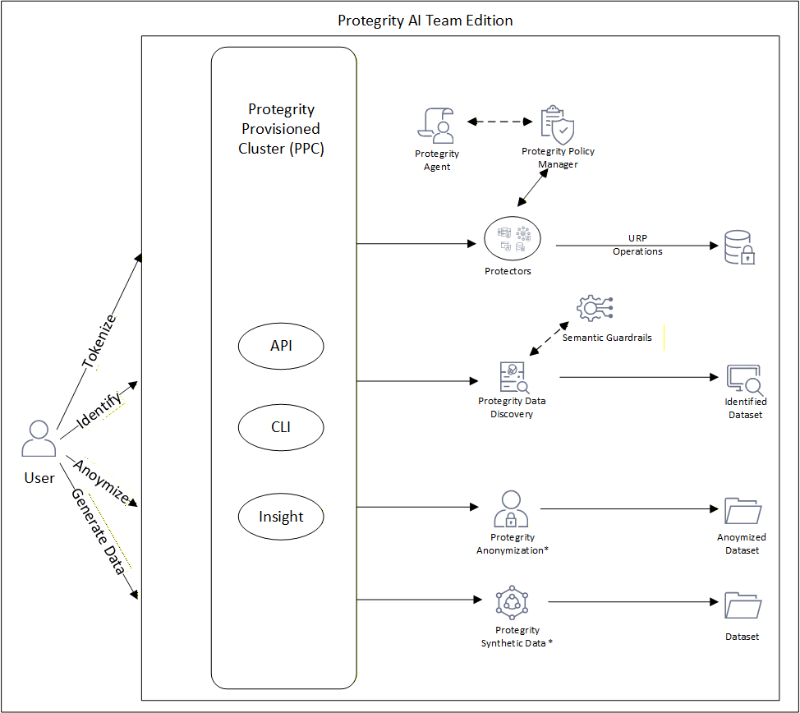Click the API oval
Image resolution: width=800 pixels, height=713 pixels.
[x=281, y=346]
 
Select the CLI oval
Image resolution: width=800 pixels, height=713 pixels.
[x=281, y=428]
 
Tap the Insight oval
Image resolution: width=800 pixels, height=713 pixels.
[x=281, y=517]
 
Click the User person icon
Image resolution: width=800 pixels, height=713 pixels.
[x=39, y=439]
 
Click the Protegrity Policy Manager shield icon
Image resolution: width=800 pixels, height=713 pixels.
[x=558, y=125]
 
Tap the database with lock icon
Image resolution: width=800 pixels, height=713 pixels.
[x=739, y=247]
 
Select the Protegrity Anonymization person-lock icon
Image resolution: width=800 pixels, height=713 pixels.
[x=511, y=509]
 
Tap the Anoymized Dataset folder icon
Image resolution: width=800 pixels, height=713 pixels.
[x=743, y=510]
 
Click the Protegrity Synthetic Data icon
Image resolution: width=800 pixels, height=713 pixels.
[x=512, y=603]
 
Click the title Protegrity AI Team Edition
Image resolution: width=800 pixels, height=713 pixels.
[x=425, y=21]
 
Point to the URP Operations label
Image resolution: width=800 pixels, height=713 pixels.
[x=637, y=245]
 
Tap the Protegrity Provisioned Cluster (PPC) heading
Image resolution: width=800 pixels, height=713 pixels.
[x=281, y=129]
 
